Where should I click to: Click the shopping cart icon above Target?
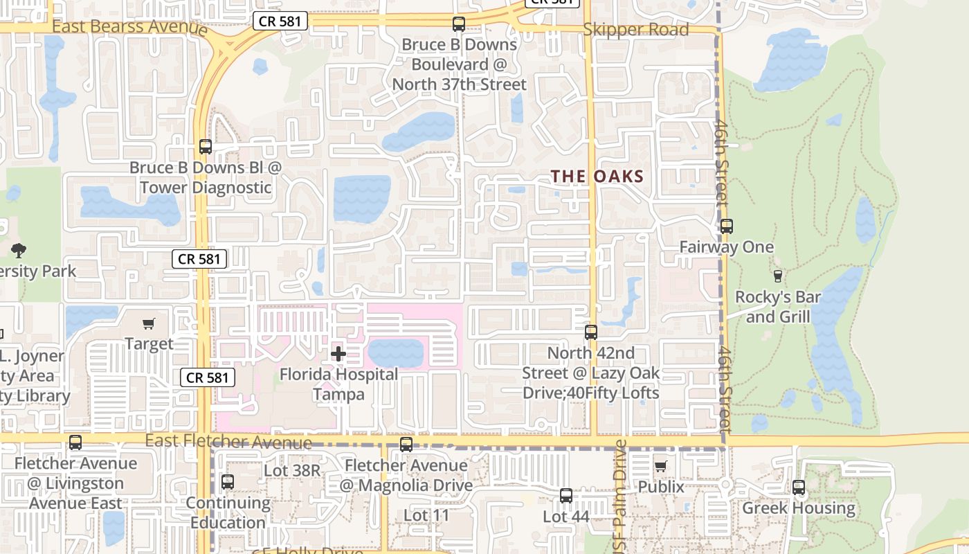[148, 323]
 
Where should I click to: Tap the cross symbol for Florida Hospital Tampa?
[338, 355]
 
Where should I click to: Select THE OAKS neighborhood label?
[597, 177]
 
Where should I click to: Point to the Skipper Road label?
[636, 30]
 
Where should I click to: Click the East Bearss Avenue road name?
[129, 27]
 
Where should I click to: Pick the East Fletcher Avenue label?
[228, 441]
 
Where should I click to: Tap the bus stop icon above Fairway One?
[726, 226]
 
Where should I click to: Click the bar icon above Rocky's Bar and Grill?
[777, 276]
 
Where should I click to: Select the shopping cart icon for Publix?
[660, 466]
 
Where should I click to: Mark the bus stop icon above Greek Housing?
[799, 488]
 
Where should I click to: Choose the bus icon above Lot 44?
[566, 496]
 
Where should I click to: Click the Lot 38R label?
[292, 471]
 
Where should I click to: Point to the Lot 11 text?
[426, 515]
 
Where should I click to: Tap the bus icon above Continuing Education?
[228, 482]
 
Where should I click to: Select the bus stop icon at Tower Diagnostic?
[206, 147]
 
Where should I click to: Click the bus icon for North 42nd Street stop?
[590, 332]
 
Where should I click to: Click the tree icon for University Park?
[19, 250]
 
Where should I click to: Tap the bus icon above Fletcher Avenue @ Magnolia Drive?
[406, 445]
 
